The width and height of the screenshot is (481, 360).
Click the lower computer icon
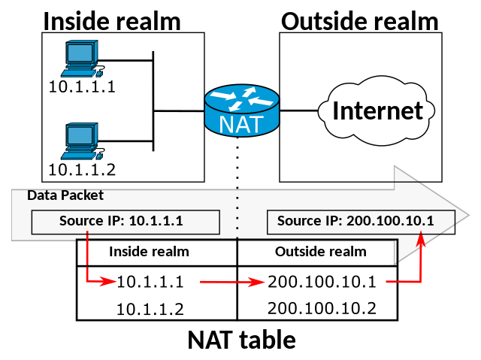coord(81,141)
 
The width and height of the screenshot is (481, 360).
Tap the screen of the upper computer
coord(80,53)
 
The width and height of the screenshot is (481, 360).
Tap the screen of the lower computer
coord(80,135)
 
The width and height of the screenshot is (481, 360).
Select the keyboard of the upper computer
coord(80,73)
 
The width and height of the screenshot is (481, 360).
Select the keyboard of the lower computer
coord(80,156)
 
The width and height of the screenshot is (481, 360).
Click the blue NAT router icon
coord(241,110)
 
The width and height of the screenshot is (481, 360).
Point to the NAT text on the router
coord(241,124)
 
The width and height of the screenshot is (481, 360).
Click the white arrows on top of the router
coord(241,98)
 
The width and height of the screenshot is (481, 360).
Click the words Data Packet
coord(65,195)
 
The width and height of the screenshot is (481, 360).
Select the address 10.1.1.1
coord(156,221)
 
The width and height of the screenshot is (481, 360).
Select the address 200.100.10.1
coord(389,221)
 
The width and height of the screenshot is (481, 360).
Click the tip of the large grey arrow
coord(465,215)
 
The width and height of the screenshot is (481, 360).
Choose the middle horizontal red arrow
coord(233,283)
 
